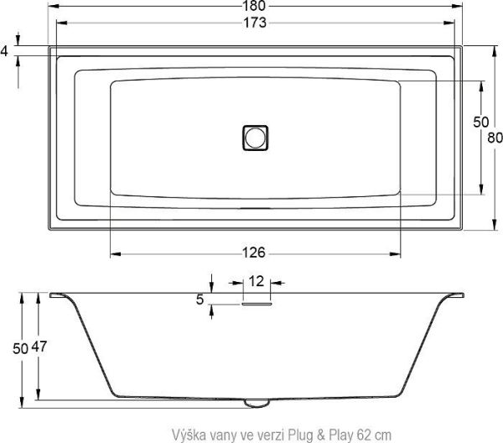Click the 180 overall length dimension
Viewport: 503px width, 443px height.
click(x=255, y=6)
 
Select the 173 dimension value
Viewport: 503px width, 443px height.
click(x=255, y=23)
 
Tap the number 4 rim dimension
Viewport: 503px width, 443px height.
click(x=4, y=51)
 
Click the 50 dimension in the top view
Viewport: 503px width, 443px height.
click(x=480, y=122)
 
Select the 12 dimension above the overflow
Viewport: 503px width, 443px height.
click(x=257, y=282)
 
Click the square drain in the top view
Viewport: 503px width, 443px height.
click(x=255, y=137)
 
